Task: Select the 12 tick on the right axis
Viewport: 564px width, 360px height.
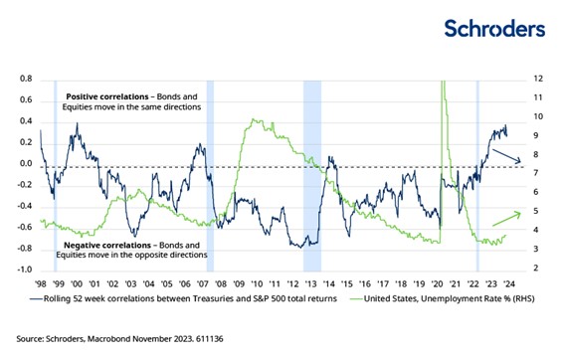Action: (x=538, y=79)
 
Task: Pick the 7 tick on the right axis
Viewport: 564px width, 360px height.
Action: (x=536, y=174)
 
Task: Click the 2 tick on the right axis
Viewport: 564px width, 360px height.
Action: (x=536, y=270)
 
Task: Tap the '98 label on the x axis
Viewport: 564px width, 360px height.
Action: (x=40, y=281)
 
